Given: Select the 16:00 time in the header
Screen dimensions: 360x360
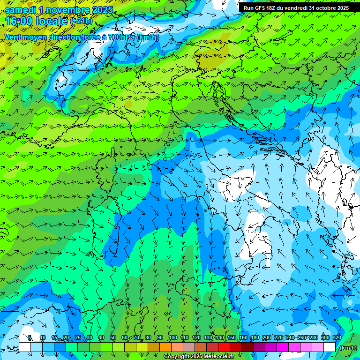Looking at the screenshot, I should click(x=18, y=21).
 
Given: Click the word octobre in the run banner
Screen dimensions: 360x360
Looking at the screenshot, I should click(x=322, y=8).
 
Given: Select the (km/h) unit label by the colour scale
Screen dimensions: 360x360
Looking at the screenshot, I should click(x=348, y=348).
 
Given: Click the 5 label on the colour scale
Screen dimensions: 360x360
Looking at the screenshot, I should click(x=30, y=337).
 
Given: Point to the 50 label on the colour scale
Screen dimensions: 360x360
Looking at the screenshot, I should click(x=113, y=337).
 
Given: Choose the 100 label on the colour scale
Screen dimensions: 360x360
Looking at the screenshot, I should click(x=172, y=337).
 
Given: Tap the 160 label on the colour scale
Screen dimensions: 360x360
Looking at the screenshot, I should click(x=243, y=337).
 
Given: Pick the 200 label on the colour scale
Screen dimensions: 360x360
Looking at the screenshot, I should click(x=267, y=337).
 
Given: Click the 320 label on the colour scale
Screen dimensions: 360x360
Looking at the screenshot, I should click(x=337, y=337).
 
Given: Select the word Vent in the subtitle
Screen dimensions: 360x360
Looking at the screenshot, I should click(x=13, y=37).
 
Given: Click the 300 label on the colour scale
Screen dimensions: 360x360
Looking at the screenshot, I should click(x=325, y=337).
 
